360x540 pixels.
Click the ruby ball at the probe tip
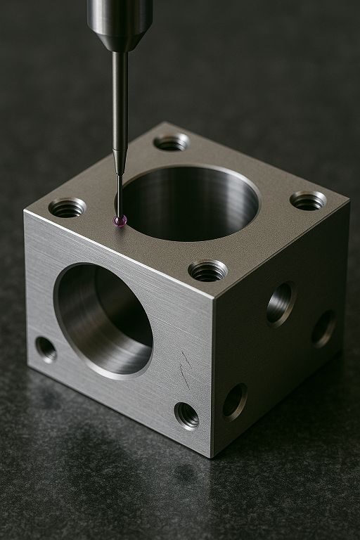[120, 221]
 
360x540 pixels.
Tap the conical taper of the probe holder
[120, 41]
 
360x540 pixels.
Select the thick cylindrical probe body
[120, 14]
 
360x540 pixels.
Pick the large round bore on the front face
[103, 320]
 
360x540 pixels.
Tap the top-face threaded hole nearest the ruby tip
[67, 207]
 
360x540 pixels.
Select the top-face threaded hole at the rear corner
[171, 143]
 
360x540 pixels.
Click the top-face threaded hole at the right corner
[308, 201]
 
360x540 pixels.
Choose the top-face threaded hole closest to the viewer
[208, 270]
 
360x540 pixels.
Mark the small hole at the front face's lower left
[46, 349]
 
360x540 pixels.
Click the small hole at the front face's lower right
[186, 416]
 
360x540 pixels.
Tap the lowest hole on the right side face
[235, 402]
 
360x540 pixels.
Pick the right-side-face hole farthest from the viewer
[323, 328]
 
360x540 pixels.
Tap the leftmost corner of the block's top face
[25, 211]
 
